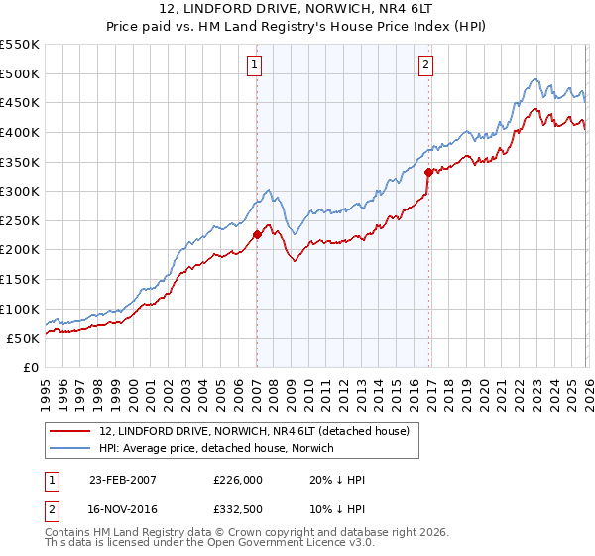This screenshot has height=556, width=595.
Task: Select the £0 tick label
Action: click(32, 367)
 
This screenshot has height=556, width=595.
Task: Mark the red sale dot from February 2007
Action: click(257, 235)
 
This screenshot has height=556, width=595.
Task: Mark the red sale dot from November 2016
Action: click(428, 172)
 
